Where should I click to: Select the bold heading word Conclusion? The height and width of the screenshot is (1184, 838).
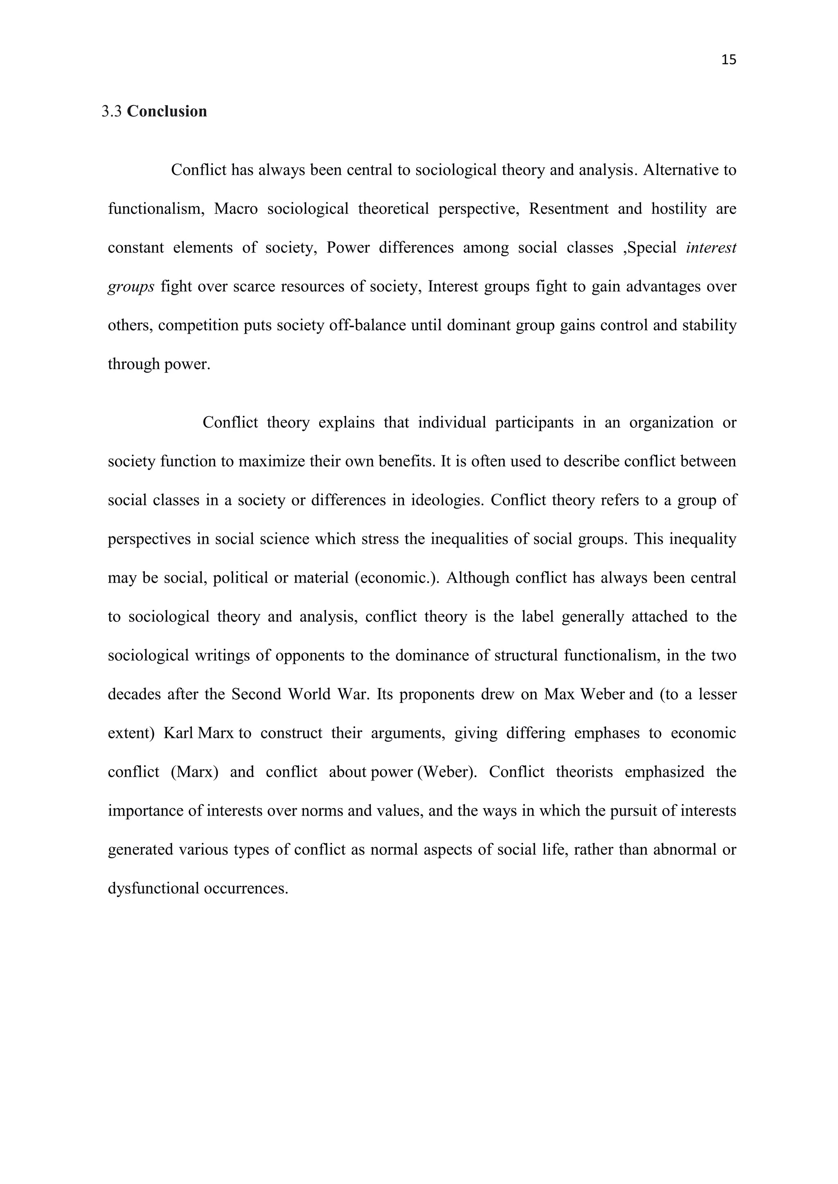tap(167, 111)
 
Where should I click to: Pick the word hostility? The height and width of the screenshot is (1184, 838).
tap(678, 209)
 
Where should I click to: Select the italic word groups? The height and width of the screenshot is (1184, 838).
tap(131, 287)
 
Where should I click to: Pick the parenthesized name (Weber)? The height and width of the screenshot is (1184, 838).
tap(447, 772)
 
